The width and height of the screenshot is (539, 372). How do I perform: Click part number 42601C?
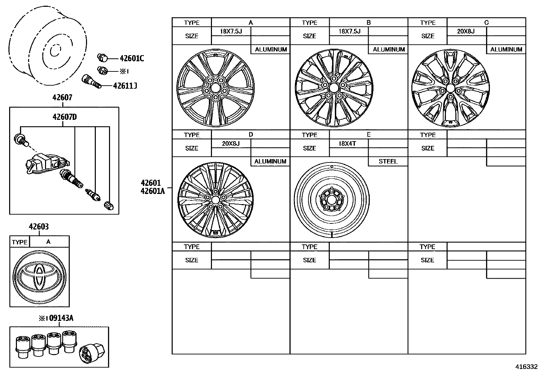click(x=132, y=59)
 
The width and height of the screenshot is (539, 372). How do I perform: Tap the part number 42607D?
click(x=64, y=117)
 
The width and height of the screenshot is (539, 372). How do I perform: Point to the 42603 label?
click(x=39, y=227)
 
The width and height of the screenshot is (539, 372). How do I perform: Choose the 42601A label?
click(x=152, y=191)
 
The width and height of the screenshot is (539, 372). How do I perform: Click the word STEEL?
click(x=388, y=161)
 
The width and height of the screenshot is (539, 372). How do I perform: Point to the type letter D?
click(x=251, y=135)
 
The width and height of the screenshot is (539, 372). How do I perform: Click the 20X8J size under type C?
click(x=466, y=31)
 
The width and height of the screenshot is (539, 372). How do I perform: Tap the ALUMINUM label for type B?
click(x=389, y=49)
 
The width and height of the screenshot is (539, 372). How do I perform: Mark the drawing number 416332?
click(x=526, y=367)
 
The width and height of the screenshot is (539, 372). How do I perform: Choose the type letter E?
click(x=368, y=135)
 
